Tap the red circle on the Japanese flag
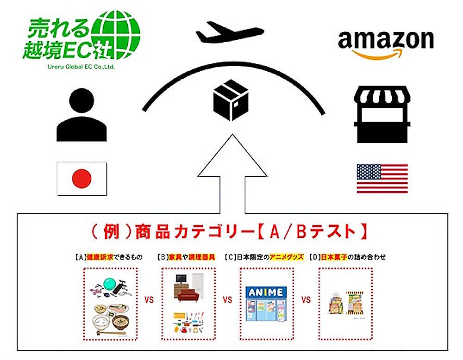pyautogui.click(x=81, y=178)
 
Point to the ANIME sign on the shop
pyautogui.click(x=266, y=292)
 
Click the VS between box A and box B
pyautogui.click(x=149, y=299)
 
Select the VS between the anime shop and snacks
pyautogui.click(x=306, y=299)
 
